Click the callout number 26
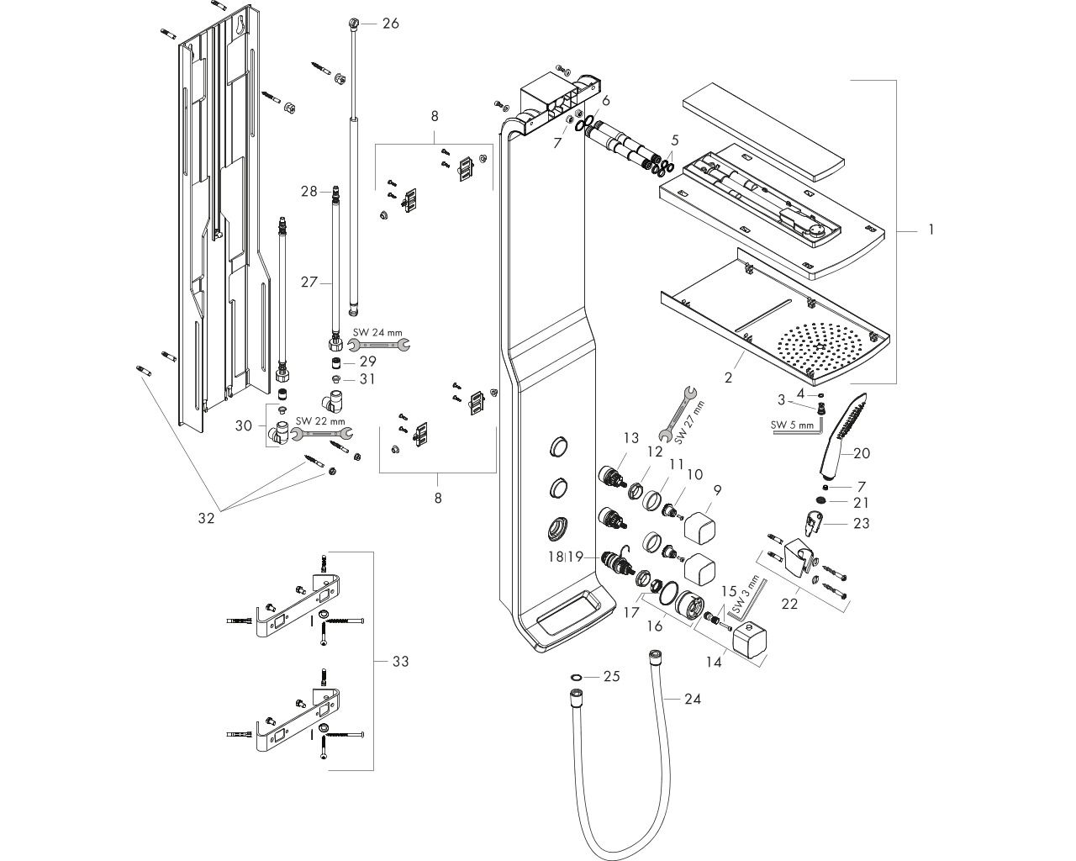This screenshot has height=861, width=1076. click(391, 24)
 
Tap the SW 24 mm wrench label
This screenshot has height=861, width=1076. click(377, 333)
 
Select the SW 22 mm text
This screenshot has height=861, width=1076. click(320, 421)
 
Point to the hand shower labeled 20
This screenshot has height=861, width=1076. click(843, 434)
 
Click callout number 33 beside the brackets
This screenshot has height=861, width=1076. click(400, 662)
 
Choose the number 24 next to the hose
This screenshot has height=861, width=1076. click(693, 699)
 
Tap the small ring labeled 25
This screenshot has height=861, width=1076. click(576, 678)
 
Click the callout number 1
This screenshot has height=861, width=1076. click(931, 230)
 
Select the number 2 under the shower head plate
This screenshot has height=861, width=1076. click(728, 378)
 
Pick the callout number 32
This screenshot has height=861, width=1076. click(206, 518)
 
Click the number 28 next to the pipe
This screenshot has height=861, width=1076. click(309, 191)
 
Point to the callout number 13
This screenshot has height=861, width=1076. click(631, 438)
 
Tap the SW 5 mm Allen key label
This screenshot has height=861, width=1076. click(792, 425)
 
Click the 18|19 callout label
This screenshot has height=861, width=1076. click(566, 557)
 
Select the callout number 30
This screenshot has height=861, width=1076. click(244, 425)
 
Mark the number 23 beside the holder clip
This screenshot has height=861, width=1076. click(861, 523)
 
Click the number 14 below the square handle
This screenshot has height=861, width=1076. click(714, 662)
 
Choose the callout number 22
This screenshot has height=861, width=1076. click(789, 604)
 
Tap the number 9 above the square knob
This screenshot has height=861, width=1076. click(718, 491)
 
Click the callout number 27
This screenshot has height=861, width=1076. click(309, 283)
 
